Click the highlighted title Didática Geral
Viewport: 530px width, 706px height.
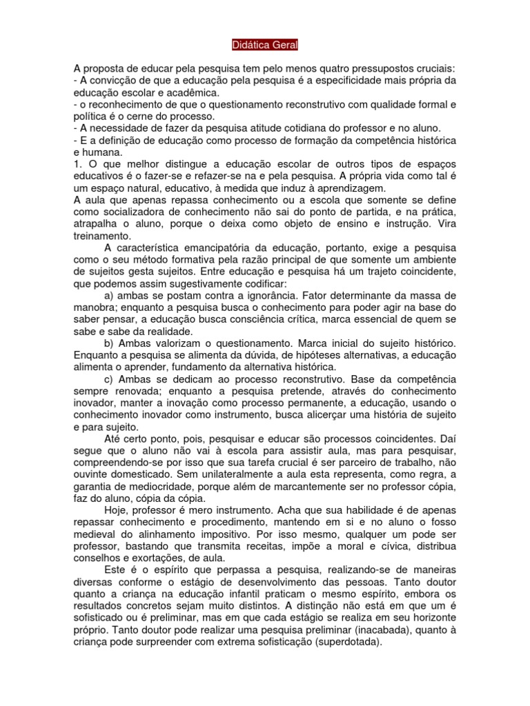[265, 45]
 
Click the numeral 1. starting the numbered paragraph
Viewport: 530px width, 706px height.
[77, 164]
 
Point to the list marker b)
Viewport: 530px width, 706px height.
[108, 343]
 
